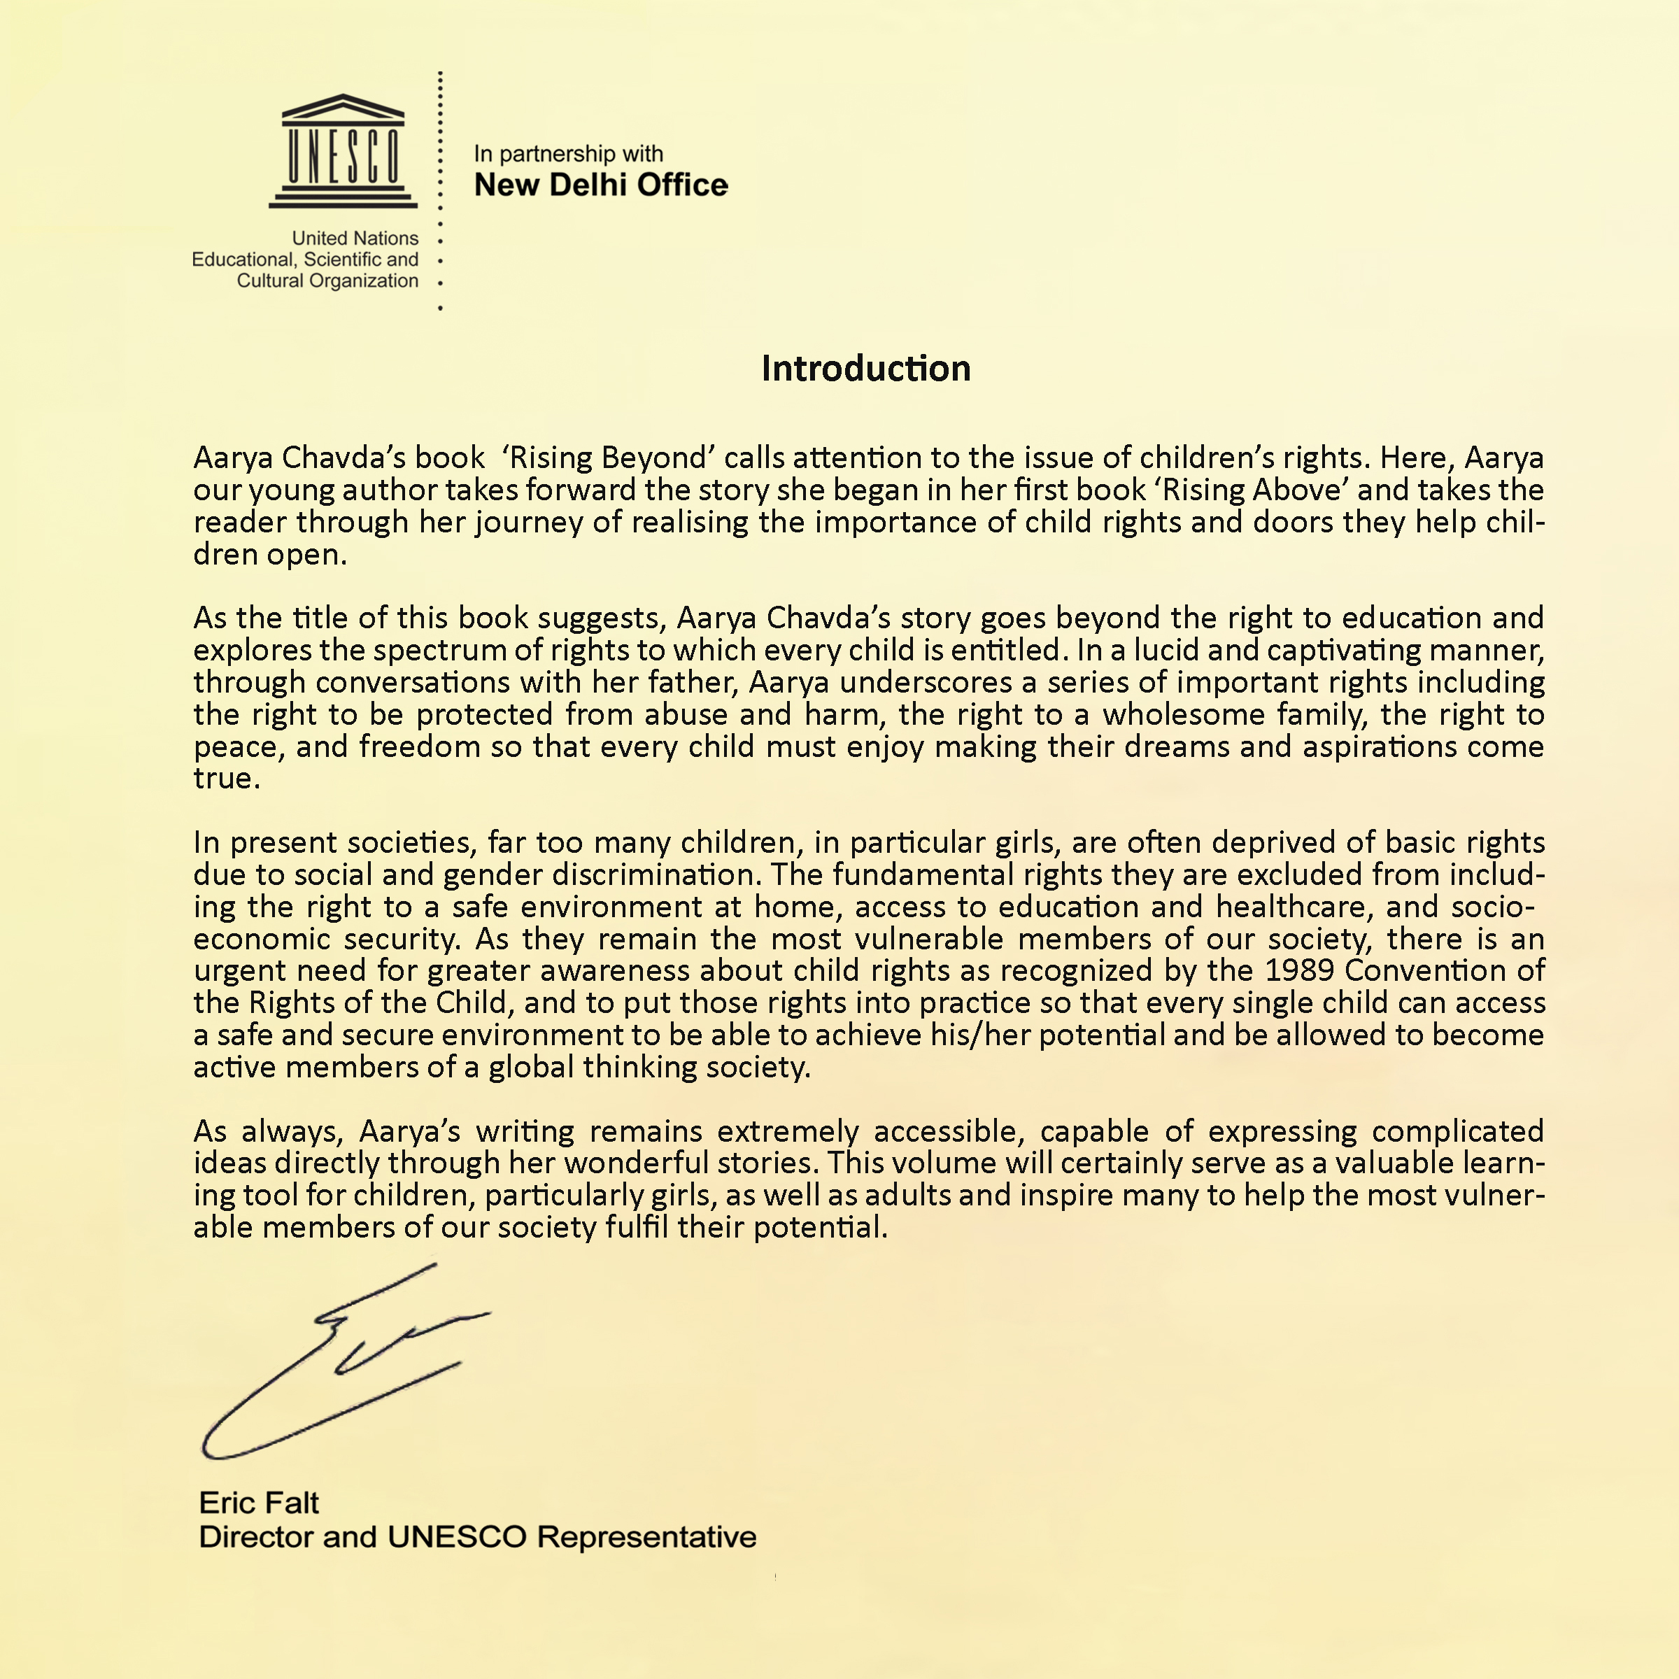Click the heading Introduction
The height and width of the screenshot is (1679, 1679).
[865, 369]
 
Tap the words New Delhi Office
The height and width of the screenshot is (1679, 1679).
[600, 185]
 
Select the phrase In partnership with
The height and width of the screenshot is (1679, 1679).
[568, 154]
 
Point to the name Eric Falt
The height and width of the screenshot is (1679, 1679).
[258, 1503]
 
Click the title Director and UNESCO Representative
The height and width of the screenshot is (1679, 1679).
[477, 1536]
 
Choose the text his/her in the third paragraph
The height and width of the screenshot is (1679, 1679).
[980, 1035]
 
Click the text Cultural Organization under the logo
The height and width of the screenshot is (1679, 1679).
[327, 281]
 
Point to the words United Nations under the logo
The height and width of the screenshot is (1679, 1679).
[355, 238]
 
